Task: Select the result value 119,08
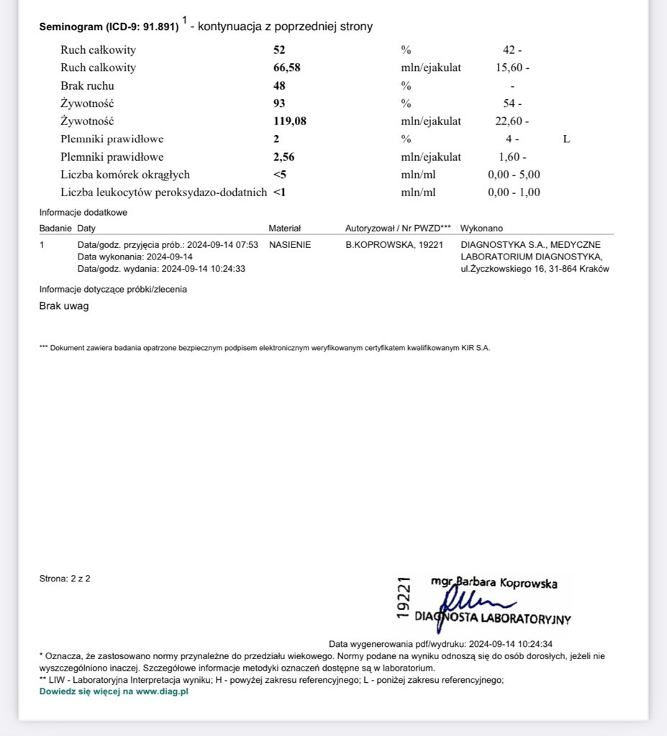pyautogui.click(x=289, y=121)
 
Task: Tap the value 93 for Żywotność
pyautogui.click(x=279, y=103)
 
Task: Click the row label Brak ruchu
pyautogui.click(x=87, y=86)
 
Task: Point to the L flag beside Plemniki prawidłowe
pyautogui.click(x=566, y=139)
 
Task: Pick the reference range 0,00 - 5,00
pyautogui.click(x=514, y=175)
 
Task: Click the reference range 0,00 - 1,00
pyautogui.click(x=514, y=192)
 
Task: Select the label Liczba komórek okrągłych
pyautogui.click(x=125, y=175)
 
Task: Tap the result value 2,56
pyautogui.click(x=283, y=157)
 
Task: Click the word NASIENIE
pyautogui.click(x=290, y=244)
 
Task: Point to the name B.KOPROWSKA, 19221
pyautogui.click(x=394, y=244)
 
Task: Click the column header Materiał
pyautogui.click(x=284, y=228)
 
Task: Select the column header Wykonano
pyautogui.click(x=481, y=228)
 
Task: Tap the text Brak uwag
pyautogui.click(x=64, y=305)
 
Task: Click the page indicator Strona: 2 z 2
pyautogui.click(x=65, y=578)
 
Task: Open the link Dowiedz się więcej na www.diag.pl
pyautogui.click(x=114, y=691)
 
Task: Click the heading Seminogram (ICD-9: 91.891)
pyautogui.click(x=109, y=27)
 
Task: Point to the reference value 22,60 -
pyautogui.click(x=512, y=121)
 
